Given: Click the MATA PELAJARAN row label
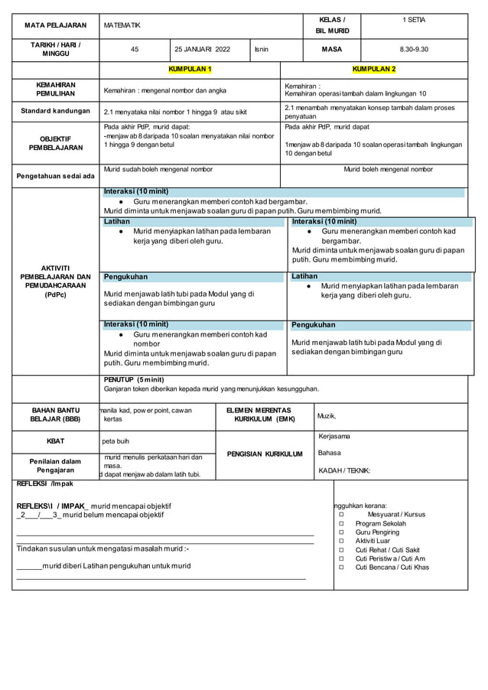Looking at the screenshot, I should [55, 25].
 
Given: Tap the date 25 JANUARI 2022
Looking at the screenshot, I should [202, 49].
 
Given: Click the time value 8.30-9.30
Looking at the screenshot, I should [414, 49].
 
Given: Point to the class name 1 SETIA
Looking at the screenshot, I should [414, 19].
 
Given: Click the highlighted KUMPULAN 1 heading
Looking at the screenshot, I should [190, 70].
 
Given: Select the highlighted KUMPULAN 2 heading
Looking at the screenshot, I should [374, 70].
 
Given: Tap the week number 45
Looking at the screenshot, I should [135, 49].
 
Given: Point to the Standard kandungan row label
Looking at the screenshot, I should [55, 111].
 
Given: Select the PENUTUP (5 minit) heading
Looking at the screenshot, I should [134, 379].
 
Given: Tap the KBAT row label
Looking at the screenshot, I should [55, 441].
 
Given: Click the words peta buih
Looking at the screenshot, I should [116, 441].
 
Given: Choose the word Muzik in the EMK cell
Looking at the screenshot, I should [327, 416].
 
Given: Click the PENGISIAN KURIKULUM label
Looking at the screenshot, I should [264, 454].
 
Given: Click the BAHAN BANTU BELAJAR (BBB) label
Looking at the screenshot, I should [55, 415].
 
